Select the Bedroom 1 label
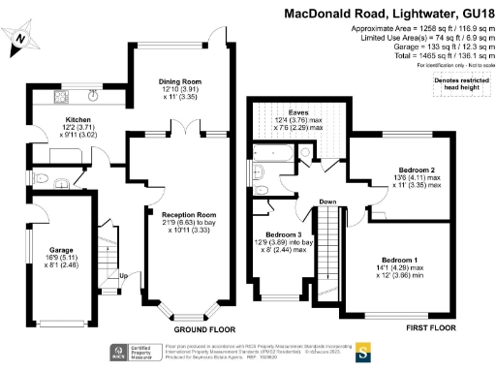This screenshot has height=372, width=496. [x=400, y=261]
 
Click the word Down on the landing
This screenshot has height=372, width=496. [x=327, y=202]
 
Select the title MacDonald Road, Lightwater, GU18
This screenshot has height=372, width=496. [x=387, y=14]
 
